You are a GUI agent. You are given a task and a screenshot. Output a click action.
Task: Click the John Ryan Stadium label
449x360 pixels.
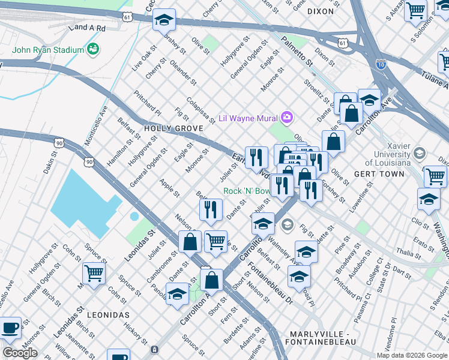pyautogui.click(x=48, y=50)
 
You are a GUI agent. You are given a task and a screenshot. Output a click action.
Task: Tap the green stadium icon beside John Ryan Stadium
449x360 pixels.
pyautogui.click(x=92, y=48)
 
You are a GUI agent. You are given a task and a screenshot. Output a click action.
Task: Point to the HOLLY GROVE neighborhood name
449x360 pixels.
pyautogui.click(x=171, y=128)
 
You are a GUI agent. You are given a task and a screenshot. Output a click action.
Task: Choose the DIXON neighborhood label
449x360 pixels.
pyautogui.click(x=319, y=11)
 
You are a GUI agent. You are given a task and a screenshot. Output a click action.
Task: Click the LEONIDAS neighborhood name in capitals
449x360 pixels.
pyautogui.click(x=108, y=314)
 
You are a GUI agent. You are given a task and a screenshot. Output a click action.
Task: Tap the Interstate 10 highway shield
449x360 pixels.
pyautogui.click(x=381, y=63)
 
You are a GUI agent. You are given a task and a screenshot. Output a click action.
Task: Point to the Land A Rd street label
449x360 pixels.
pyautogui.click(x=87, y=28)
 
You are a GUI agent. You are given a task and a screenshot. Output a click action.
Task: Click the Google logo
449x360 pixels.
pyautogui.click(x=20, y=353)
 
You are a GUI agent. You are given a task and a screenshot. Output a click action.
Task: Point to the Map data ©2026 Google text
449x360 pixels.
pyautogui.click(x=411, y=355)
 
